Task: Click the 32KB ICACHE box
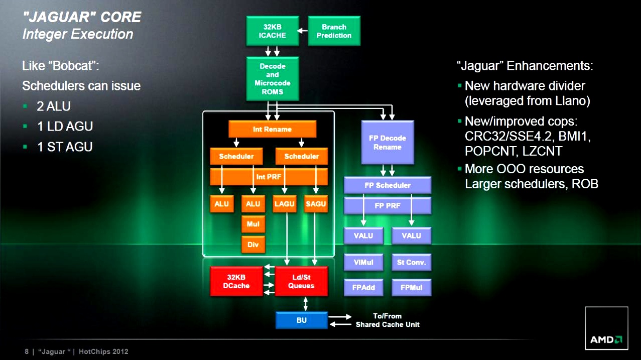pos(272,31)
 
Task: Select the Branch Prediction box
pos(334,31)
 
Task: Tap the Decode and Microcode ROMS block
pos(272,79)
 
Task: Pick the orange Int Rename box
pos(272,129)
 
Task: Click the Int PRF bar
pos(269,177)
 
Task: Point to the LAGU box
pos(285,204)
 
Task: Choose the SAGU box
pos(316,204)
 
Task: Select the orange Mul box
pos(253,224)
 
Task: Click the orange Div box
pos(253,245)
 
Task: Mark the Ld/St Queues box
pos(301,281)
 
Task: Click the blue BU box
pos(301,320)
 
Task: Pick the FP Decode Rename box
pos(388,143)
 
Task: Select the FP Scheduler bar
pos(387,185)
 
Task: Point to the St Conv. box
pos(411,262)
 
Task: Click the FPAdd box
pos(363,288)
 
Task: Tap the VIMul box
pos(363,262)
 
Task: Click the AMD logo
pos(606,339)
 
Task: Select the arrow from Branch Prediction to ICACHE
pos(303,31)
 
